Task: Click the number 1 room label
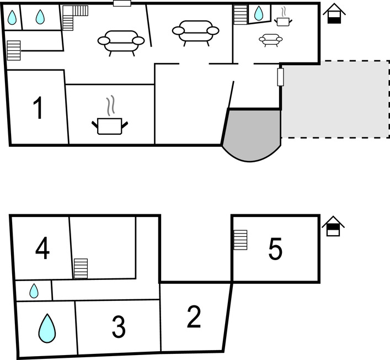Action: [x=38, y=108]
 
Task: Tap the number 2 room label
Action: [x=194, y=317]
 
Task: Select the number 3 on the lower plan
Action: [x=119, y=327]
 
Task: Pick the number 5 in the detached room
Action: [x=275, y=250]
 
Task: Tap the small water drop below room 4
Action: [x=34, y=290]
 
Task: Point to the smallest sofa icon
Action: [x=270, y=40]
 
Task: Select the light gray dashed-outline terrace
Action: [x=334, y=99]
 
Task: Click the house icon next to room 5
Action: [x=333, y=226]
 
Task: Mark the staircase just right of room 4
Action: [x=81, y=268]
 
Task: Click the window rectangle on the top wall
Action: [x=121, y=3]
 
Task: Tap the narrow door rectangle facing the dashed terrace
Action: [x=280, y=77]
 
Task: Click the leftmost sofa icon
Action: [x=119, y=41]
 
